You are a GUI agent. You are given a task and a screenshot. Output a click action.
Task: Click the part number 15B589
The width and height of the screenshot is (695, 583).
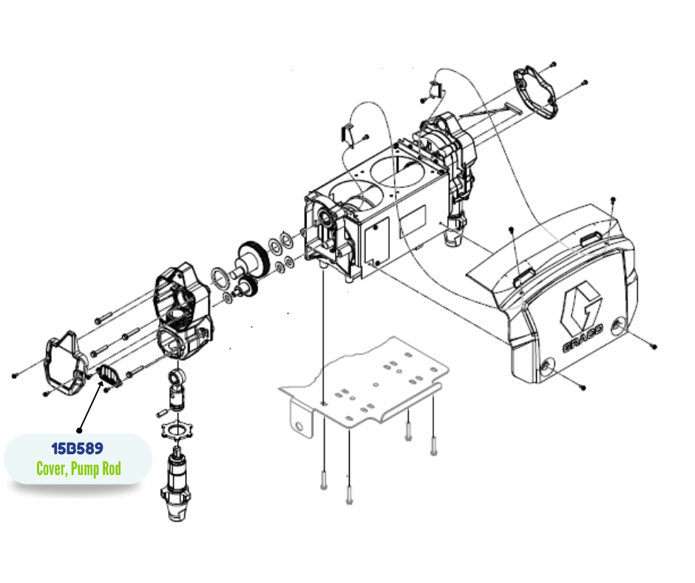coord(78,448)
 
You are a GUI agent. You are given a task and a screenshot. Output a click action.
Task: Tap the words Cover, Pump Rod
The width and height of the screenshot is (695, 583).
coord(78,468)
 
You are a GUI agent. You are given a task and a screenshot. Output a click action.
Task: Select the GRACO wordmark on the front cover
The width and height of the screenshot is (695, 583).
coord(583,339)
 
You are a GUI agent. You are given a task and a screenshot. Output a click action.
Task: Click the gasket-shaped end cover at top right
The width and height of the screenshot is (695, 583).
coord(535,92)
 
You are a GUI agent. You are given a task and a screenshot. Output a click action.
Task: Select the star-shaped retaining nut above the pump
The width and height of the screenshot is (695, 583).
coord(177,431)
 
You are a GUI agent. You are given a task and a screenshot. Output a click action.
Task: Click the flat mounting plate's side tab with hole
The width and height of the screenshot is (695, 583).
coord(301,422)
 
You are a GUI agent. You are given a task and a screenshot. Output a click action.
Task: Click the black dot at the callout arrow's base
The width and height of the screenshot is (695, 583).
coord(79,431)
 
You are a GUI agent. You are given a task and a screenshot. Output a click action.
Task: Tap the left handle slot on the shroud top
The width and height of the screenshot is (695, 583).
coord(523,277)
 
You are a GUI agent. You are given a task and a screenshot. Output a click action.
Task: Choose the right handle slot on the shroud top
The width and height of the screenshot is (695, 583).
coord(591,239)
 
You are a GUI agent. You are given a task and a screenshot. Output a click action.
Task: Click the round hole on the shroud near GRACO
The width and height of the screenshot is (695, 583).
coord(617,326)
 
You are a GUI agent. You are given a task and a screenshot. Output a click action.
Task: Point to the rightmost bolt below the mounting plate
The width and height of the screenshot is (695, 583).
coord(433,445)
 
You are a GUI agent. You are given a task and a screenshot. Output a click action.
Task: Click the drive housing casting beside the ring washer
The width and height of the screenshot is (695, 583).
coord(183,310)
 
